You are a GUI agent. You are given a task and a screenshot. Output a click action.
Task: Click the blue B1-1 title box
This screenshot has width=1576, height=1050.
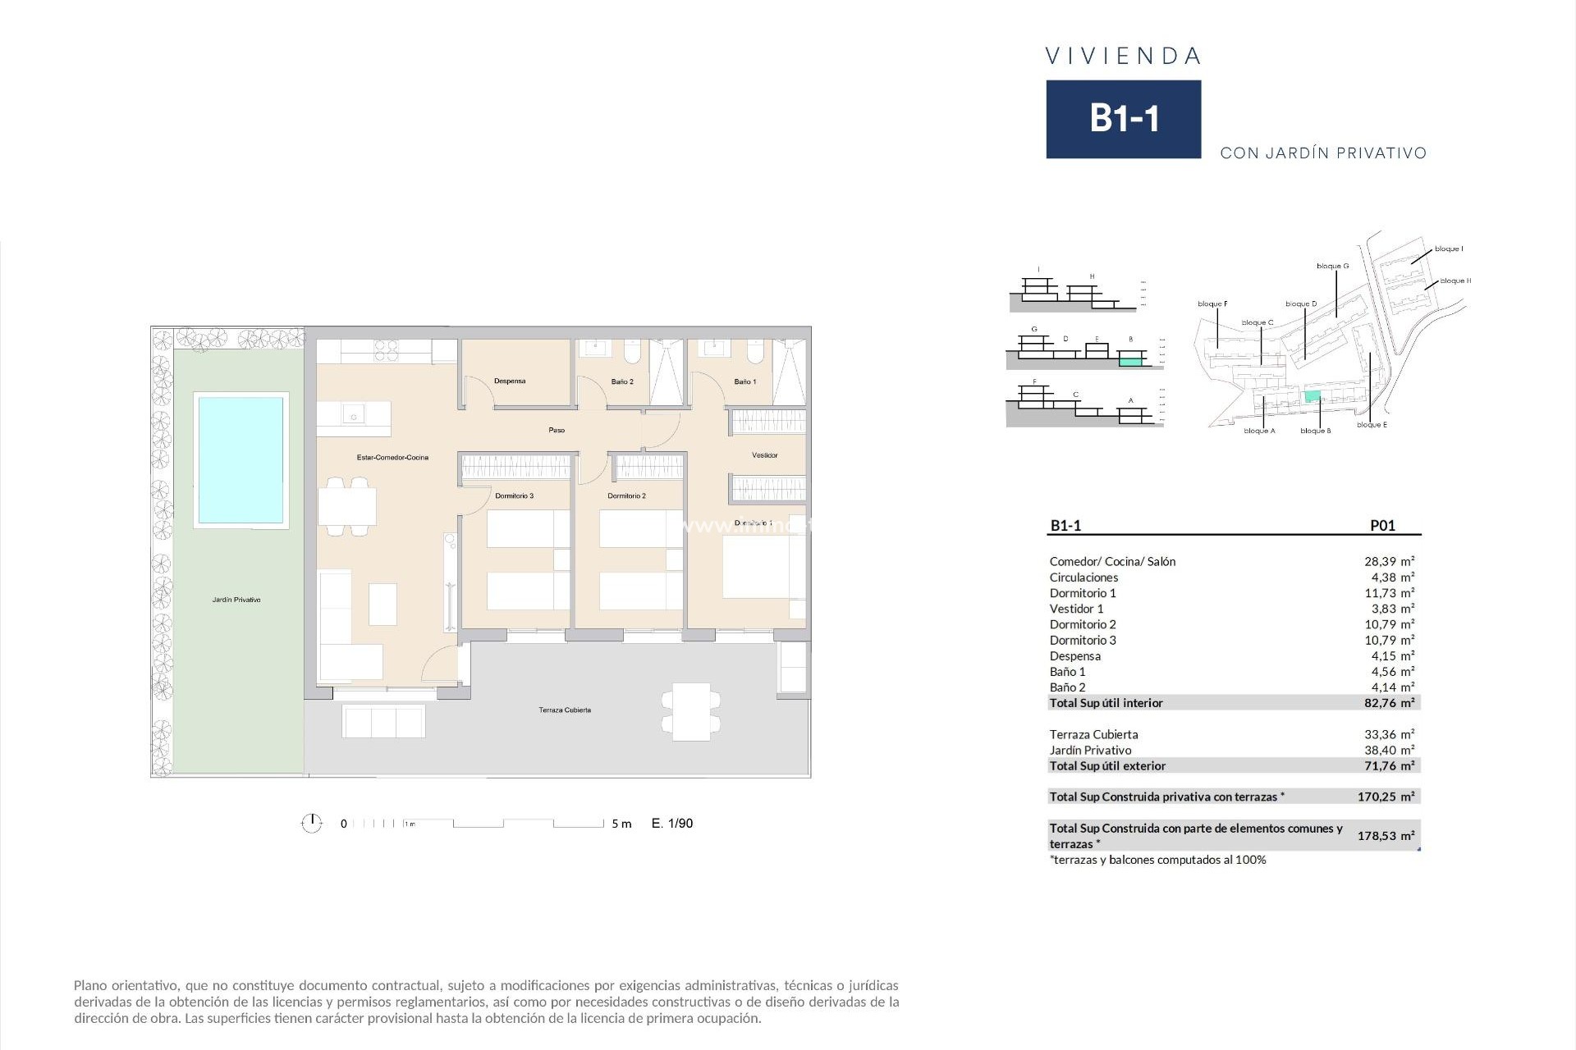(1123, 119)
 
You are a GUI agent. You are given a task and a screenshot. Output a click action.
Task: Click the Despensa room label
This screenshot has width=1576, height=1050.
(510, 381)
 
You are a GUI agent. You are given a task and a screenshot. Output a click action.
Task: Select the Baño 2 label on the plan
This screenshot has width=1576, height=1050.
(622, 382)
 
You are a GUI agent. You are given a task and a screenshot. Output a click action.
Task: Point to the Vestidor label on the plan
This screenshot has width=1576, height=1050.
(764, 455)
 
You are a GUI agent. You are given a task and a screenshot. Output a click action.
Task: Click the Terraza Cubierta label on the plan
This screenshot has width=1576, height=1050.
(565, 710)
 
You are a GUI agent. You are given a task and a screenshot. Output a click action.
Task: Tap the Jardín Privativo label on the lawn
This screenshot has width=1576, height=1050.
(236, 600)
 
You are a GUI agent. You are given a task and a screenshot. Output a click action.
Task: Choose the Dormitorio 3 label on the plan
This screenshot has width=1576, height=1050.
(515, 496)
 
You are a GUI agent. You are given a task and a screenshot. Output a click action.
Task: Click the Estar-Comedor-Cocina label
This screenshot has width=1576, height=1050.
(392, 458)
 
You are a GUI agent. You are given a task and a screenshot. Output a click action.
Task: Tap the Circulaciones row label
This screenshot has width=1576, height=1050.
(1083, 577)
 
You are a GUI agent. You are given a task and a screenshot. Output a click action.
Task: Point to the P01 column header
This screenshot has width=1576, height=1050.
(1382, 526)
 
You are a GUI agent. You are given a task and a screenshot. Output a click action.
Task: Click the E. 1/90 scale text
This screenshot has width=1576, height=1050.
(672, 824)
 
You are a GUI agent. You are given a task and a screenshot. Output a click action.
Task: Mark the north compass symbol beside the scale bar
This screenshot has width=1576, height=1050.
(312, 823)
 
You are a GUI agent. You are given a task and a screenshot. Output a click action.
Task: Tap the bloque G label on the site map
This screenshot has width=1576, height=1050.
(1332, 267)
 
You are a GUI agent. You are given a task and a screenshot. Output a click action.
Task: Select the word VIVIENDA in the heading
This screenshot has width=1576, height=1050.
(1123, 57)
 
